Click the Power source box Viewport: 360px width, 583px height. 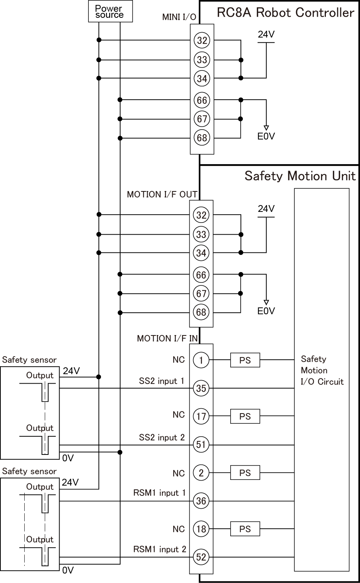(109, 11)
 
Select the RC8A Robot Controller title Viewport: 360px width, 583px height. (285, 13)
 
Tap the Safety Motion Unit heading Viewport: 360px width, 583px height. (300, 176)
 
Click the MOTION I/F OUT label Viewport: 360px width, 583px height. (162, 194)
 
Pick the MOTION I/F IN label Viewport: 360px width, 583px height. (167, 338)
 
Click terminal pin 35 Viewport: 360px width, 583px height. (201, 388)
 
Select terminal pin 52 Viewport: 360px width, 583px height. (201, 557)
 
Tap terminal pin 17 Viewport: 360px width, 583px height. (201, 417)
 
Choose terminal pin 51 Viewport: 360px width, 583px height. (201, 444)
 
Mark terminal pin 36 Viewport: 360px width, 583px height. (201, 501)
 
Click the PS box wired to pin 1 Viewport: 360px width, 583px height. (245, 360)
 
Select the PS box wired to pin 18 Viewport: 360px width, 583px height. (245, 529)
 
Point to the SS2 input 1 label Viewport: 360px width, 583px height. (162, 381)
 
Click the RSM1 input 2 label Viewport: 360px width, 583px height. (160, 549)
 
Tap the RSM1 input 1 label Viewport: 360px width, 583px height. (159, 493)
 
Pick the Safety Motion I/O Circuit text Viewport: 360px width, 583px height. (322, 370)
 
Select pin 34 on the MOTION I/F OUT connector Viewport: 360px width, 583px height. (201, 252)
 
